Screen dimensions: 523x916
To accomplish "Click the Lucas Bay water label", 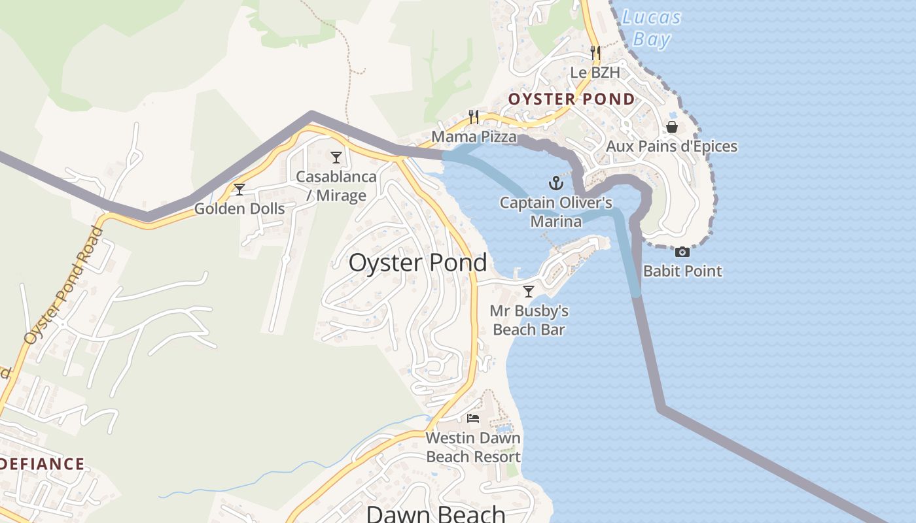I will pos(652,28).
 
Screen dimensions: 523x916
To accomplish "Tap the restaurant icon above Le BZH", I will pos(595,52).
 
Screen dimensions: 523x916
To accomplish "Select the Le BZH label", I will pos(595,73).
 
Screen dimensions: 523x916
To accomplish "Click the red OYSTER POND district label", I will pos(571,99).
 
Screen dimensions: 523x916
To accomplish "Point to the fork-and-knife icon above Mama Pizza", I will pos(474,117).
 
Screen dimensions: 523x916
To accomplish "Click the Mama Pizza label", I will pos(474,137).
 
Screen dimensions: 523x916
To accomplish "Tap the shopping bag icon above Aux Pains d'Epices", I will pos(672,126).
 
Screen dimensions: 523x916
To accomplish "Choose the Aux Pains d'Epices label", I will pos(671,146).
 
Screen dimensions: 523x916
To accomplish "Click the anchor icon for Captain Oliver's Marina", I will pos(555,182).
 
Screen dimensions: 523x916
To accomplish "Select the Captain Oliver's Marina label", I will pos(556,212).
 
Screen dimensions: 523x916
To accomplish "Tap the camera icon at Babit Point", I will pos(682,252).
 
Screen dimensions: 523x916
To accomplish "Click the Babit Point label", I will pos(682,271).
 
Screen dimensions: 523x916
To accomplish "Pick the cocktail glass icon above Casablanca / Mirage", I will pos(336,157).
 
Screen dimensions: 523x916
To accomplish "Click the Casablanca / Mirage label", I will pos(336,186).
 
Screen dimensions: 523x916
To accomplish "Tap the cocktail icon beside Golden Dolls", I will pos(239,190).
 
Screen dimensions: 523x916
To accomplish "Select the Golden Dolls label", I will pos(239,209).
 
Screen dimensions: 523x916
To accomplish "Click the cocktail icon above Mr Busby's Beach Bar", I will pos(529,291).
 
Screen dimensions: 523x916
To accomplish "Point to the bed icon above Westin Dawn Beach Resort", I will pos(473,418).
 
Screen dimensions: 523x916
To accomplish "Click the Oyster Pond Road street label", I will pos(63,286).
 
